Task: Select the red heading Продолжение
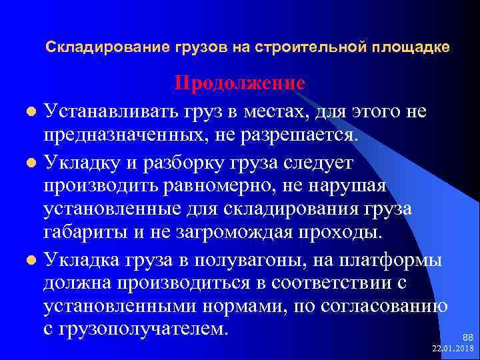tap(240, 83)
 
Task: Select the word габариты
tap(87, 231)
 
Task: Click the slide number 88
tap(467, 339)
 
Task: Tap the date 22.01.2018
tap(453, 349)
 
